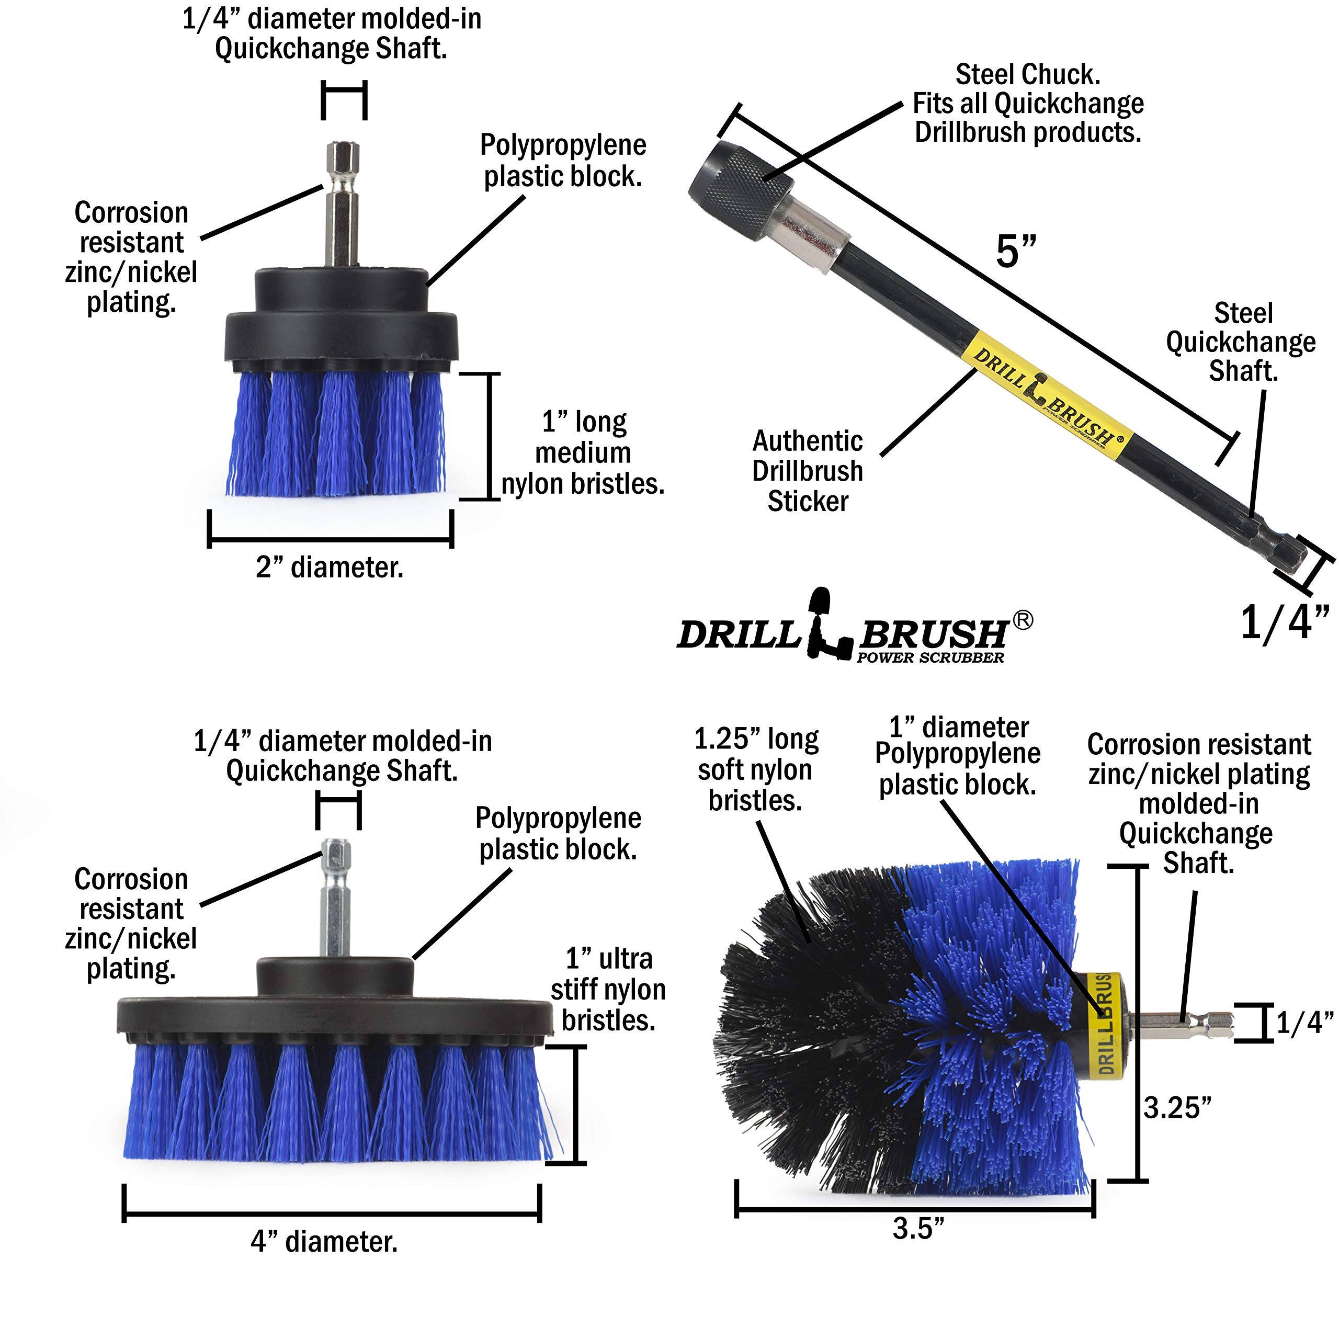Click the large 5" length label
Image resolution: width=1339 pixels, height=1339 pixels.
pos(1016,251)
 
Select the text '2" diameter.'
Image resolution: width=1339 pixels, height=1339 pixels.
pos(329,568)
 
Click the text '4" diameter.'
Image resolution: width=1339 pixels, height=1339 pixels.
pos(324,1241)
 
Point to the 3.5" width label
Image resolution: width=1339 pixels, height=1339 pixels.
pos(918,1229)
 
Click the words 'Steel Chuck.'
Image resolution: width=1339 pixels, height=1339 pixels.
pos(1028,74)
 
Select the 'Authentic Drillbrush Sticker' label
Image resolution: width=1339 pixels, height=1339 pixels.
pos(808,471)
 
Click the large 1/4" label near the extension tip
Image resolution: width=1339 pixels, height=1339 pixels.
pos(1284,622)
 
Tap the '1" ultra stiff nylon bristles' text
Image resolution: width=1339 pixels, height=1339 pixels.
pos(608,989)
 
